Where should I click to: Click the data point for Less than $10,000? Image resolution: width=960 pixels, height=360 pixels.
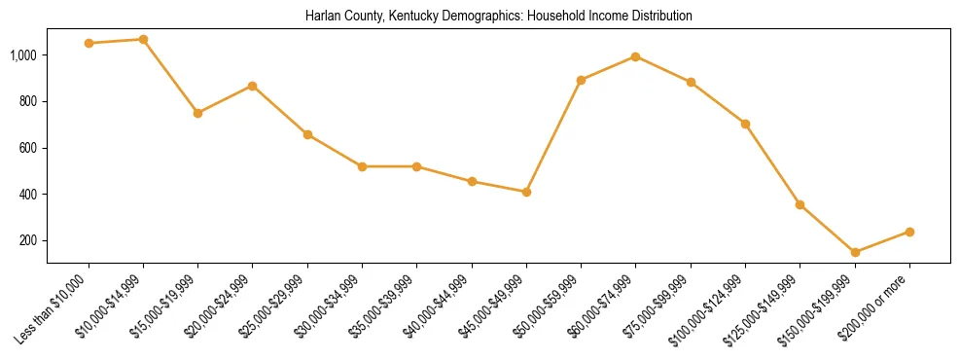89,43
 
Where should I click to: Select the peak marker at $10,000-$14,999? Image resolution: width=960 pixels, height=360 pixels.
143,39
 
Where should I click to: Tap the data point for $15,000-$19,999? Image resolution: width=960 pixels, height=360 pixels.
197,113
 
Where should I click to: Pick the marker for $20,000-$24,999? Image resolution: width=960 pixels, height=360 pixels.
252,86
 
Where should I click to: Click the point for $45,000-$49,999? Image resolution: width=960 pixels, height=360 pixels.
526,192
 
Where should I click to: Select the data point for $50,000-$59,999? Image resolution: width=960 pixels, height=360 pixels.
581,80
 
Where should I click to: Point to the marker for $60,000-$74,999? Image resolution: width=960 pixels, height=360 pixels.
635,56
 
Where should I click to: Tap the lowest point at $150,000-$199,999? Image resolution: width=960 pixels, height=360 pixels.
855,252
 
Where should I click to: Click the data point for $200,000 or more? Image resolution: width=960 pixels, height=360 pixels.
909,232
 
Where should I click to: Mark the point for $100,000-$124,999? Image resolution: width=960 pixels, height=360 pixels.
745,124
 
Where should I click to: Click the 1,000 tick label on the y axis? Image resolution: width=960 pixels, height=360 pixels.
23,55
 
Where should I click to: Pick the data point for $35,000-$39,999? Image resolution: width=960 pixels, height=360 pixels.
416,166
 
